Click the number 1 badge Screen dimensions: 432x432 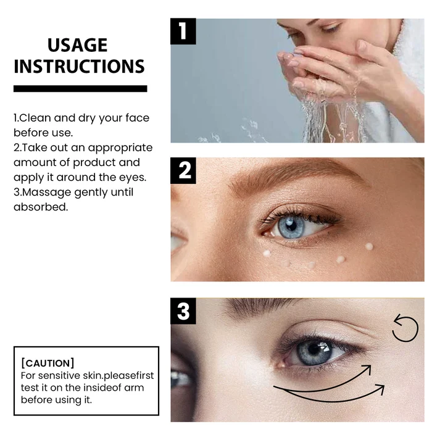183,31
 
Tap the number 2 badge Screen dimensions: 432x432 183,170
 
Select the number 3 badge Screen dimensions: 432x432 183,311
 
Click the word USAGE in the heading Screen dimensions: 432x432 77,45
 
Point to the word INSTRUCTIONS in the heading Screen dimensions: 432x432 79,67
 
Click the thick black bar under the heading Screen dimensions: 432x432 80,88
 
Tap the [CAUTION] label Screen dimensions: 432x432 48,362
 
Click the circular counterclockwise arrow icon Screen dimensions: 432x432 405,328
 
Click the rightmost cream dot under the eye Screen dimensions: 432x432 369,246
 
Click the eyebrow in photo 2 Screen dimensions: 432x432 290,178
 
